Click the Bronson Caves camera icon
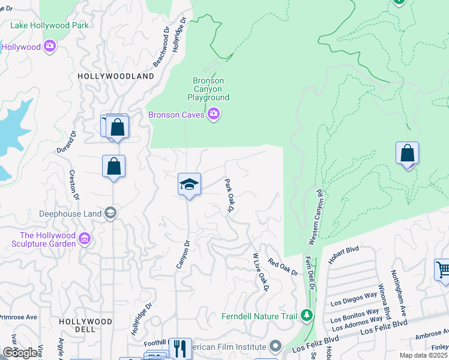213,114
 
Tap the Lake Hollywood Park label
49,25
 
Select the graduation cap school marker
189,185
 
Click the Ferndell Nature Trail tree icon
307,315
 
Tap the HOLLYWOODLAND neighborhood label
115,76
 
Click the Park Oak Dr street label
229,195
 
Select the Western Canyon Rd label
313,217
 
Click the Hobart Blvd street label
343,254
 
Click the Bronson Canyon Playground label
208,89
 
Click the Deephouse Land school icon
110,213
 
